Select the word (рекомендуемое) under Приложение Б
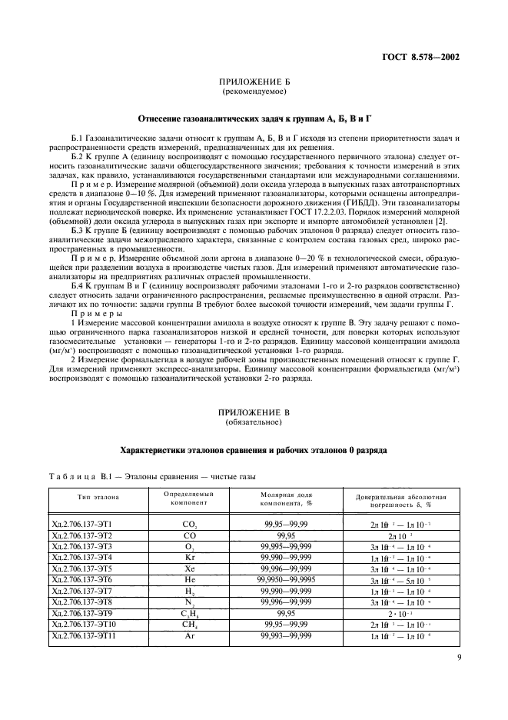click(254, 92)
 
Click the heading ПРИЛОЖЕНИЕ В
click(254, 414)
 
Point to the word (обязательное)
click(254, 423)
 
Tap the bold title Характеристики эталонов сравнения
click(254, 449)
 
